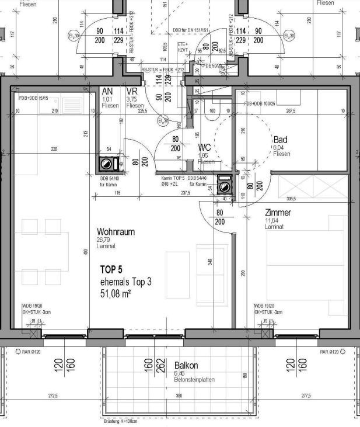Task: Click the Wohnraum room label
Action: pos(116,232)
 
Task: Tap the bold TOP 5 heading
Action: pos(116,270)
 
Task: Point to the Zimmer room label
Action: pos(277,213)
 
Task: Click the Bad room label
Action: pos(281,140)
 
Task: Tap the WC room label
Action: pos(204,148)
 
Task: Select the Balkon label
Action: pos(187,366)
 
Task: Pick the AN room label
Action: pos(107,92)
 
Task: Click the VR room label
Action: pos(131,92)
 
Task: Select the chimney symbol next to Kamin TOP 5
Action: pos(224,185)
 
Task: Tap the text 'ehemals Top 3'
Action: pos(125,282)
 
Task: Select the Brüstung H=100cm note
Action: pos(127,421)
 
